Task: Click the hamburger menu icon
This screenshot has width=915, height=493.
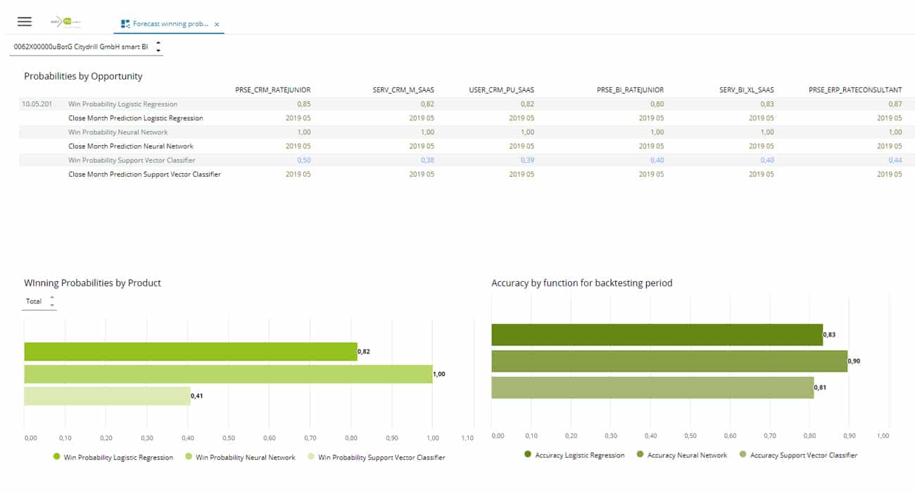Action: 25,22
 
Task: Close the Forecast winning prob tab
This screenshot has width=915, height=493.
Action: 217,24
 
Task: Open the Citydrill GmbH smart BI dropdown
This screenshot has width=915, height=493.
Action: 158,47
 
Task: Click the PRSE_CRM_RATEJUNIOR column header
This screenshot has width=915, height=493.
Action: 272,90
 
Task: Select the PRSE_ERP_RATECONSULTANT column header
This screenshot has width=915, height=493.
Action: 855,90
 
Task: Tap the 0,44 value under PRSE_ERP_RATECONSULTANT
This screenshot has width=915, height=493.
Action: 895,161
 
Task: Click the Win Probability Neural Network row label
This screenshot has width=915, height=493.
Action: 118,132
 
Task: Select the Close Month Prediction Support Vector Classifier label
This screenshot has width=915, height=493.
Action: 144,175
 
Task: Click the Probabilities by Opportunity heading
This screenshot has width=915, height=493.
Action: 83,76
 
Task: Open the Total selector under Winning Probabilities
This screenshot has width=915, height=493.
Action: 39,301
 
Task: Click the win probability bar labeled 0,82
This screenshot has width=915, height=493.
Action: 190,351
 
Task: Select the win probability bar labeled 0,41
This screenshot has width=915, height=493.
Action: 107,396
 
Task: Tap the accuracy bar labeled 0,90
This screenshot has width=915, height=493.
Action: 669,361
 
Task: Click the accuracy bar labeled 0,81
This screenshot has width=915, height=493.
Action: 652,387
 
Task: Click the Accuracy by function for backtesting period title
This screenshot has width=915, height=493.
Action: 581,283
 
